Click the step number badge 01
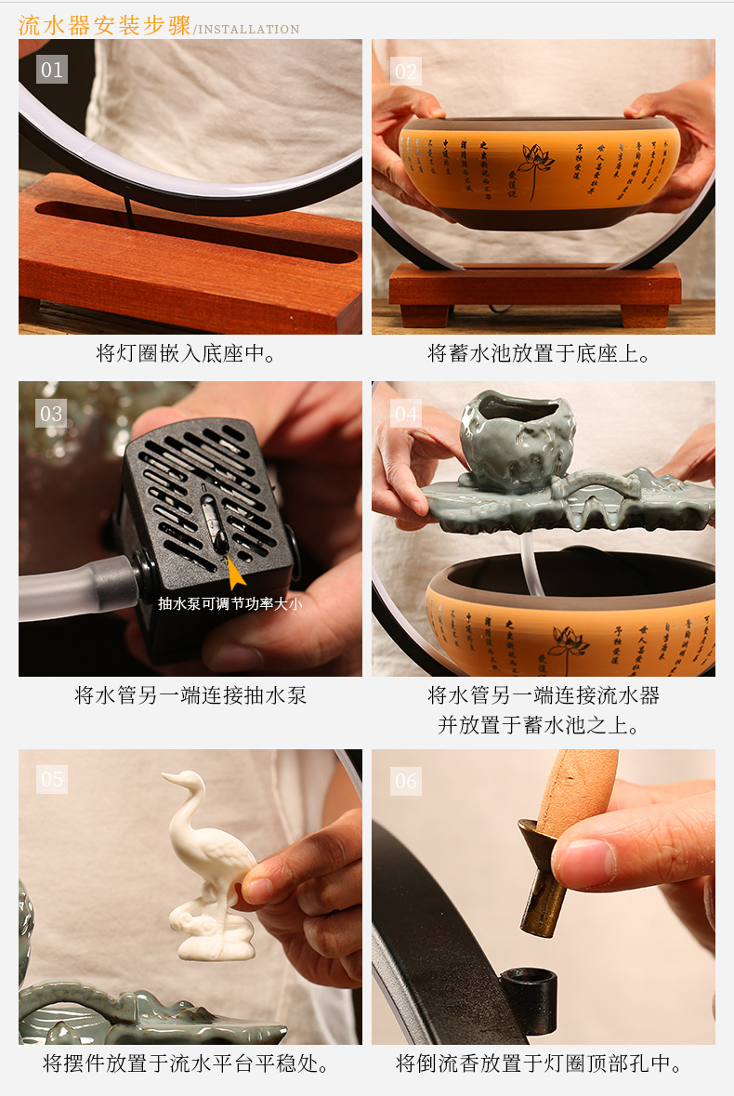coord(52,70)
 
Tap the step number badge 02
coord(406,71)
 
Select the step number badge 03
coord(52,413)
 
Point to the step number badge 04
coord(406,413)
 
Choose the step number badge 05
coord(52,779)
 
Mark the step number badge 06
coord(406,781)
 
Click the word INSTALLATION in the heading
coord(247,30)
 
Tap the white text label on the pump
coord(229,603)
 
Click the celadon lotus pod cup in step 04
coord(517,440)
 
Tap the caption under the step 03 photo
coord(190,695)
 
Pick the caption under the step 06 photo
coord(540,1063)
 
